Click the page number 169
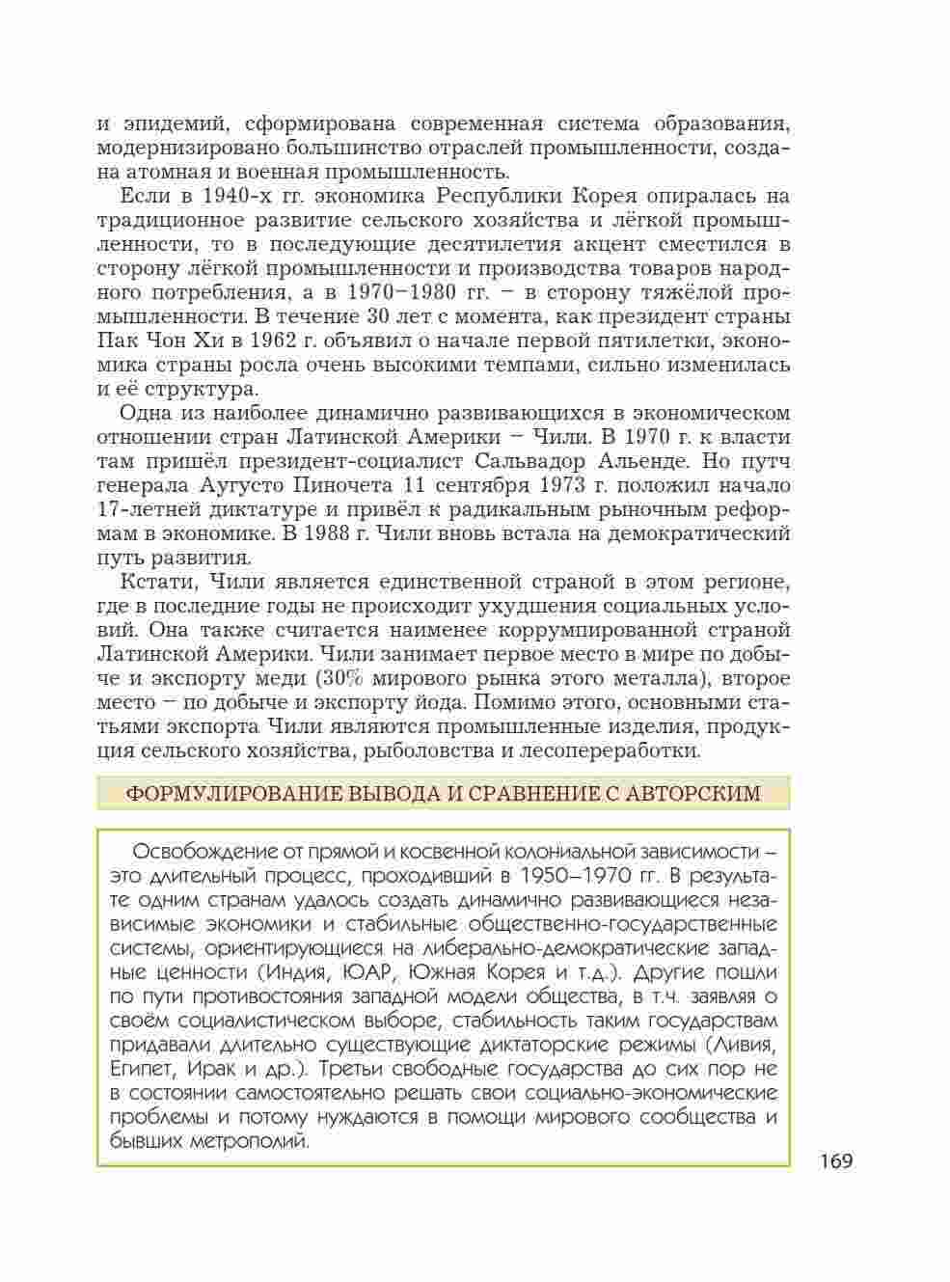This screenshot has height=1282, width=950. [x=837, y=1160]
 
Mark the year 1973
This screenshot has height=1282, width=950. [x=567, y=485]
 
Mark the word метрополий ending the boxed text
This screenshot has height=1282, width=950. [x=255, y=1141]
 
